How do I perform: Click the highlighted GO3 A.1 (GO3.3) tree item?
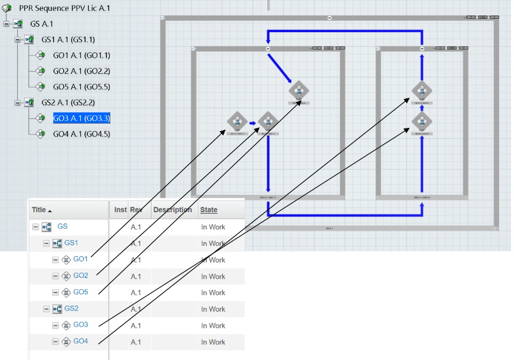click(x=81, y=118)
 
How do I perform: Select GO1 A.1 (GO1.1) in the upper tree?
click(x=81, y=55)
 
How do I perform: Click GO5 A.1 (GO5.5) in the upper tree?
click(x=81, y=87)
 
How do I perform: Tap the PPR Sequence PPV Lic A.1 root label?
click(x=65, y=9)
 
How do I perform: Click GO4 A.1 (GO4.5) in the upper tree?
click(x=81, y=134)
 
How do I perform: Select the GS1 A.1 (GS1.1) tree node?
click(x=68, y=40)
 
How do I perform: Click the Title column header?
click(x=39, y=210)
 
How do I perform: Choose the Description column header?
click(x=172, y=210)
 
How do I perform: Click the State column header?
click(x=209, y=210)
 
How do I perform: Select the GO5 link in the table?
click(x=81, y=292)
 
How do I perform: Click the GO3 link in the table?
click(x=81, y=325)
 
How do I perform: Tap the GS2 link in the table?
click(x=72, y=309)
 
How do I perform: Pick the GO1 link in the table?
click(x=81, y=260)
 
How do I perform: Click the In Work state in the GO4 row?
click(x=213, y=342)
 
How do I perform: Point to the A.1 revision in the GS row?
click(x=135, y=227)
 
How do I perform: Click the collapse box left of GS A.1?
click(x=6, y=24)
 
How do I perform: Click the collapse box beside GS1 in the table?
click(x=46, y=244)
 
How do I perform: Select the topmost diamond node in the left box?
click(x=299, y=91)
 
